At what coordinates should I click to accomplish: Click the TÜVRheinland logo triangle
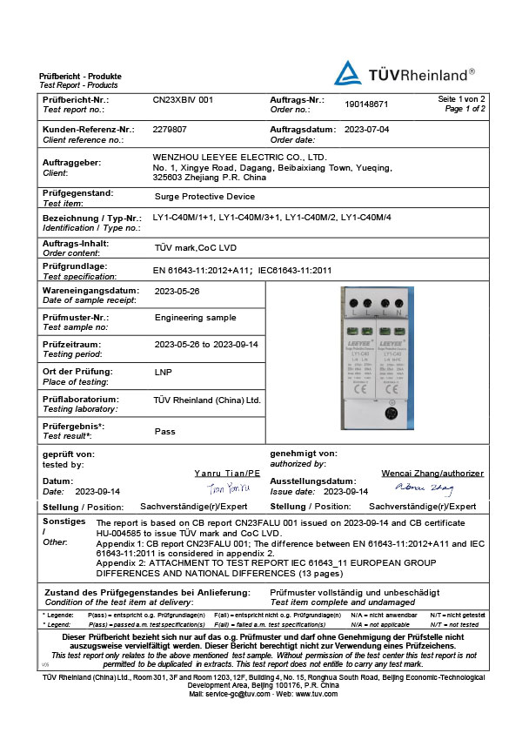click(350, 72)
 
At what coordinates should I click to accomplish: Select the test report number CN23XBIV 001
click(184, 100)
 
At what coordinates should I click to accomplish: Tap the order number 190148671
click(366, 104)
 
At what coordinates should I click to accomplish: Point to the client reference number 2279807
click(170, 128)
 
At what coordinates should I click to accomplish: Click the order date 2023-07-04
click(367, 128)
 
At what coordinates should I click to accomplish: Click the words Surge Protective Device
click(204, 197)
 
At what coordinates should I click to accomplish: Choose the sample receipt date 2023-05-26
click(177, 292)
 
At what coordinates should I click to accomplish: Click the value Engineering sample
click(196, 318)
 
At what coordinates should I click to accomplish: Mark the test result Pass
click(165, 431)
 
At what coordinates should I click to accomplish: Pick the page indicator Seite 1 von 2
click(461, 99)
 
